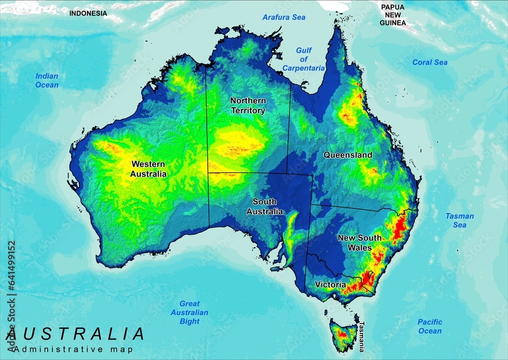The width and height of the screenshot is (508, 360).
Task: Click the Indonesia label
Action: [88, 13]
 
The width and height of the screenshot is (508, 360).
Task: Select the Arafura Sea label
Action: [284, 17]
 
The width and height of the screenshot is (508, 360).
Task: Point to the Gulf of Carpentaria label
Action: [303, 59]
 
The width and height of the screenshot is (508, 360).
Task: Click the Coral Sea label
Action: [430, 62]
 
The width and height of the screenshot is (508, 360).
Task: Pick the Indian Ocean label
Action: [47, 80]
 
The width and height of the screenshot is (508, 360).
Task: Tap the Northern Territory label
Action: [248, 106]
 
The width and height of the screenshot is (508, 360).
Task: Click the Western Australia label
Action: [148, 169]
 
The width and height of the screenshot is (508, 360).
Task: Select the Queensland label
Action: [348, 155]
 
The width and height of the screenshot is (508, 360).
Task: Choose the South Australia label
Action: [265, 206]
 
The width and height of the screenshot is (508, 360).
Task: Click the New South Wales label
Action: [360, 243]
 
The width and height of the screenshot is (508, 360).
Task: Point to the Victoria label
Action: [330, 285]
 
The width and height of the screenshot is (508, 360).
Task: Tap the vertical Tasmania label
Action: [362, 337]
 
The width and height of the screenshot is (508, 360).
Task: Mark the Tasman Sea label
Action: [460, 220]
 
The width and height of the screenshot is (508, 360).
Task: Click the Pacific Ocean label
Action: [430, 326]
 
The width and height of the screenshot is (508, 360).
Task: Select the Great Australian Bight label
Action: [189, 313]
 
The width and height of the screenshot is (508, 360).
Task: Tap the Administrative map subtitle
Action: [74, 349]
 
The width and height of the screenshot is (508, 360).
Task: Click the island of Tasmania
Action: [344, 333]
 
